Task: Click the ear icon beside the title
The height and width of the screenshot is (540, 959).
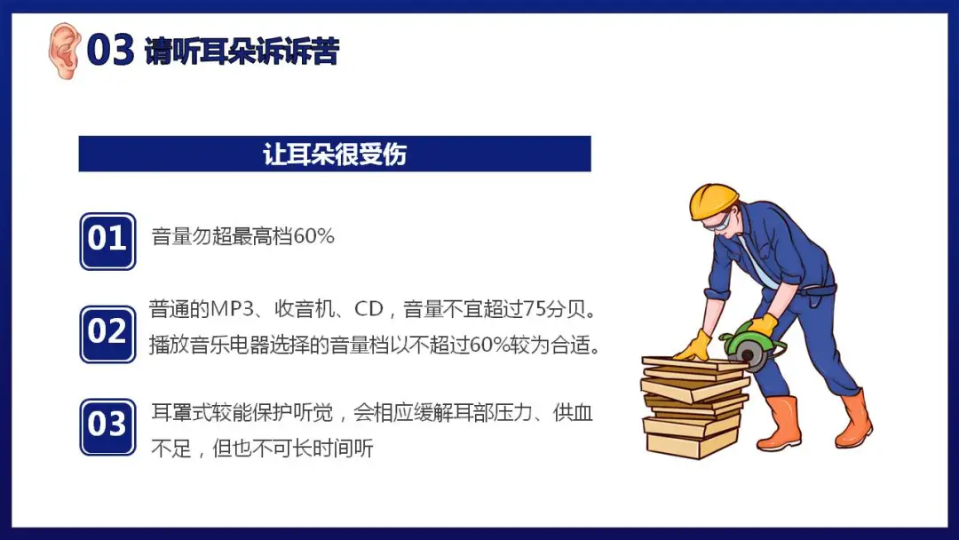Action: (64, 51)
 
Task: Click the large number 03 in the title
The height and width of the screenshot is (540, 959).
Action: (110, 50)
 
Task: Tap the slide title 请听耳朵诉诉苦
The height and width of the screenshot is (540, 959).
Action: (241, 51)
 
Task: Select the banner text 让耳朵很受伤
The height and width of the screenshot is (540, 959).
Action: (335, 155)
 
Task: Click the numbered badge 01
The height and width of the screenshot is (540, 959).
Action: (107, 241)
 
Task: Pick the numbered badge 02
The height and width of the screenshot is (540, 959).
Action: (107, 334)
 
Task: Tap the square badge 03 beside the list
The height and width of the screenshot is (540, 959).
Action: (107, 427)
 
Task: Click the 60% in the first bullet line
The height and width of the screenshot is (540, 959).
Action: (313, 236)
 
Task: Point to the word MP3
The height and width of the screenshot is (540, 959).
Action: (232, 309)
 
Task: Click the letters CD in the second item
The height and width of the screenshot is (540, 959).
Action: (369, 309)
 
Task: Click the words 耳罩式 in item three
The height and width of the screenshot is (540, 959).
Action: (181, 413)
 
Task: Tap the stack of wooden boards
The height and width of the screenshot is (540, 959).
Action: (694, 406)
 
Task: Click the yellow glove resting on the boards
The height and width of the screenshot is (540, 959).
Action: (694, 346)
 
